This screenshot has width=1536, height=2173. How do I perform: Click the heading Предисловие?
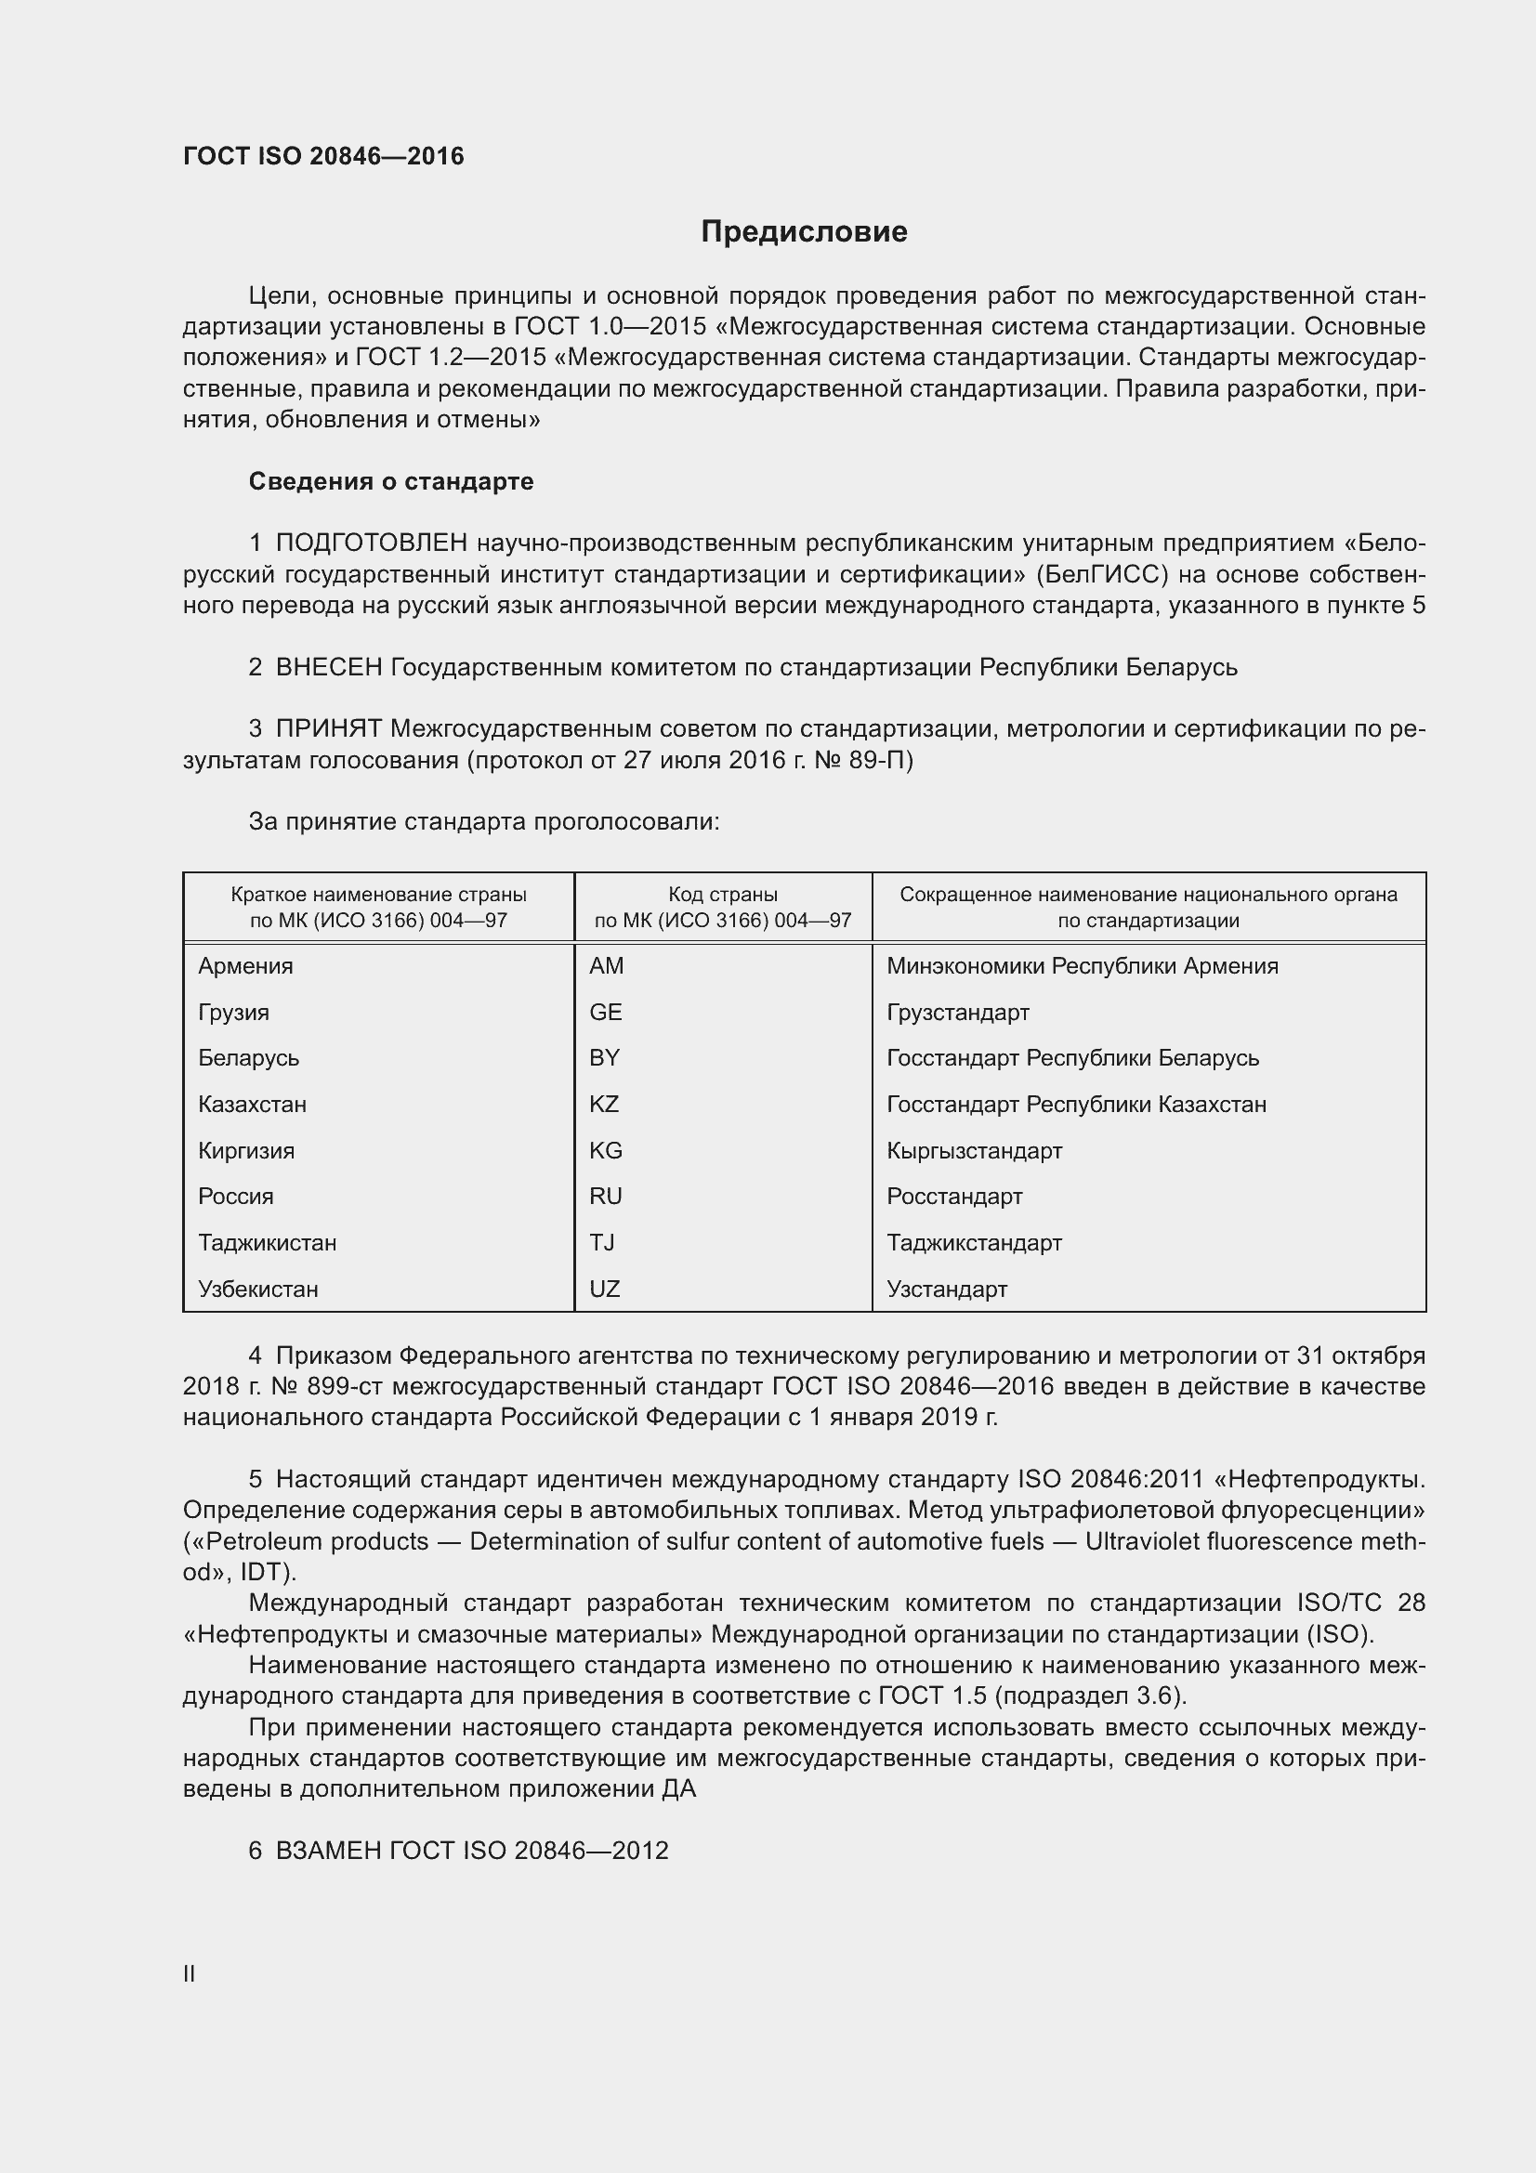coord(804,232)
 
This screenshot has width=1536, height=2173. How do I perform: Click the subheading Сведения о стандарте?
coord(391,482)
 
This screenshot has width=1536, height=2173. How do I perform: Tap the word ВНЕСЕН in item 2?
coord(328,667)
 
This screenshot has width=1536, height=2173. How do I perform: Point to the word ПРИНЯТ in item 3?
coord(328,728)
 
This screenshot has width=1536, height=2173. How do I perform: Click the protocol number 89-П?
coord(880,760)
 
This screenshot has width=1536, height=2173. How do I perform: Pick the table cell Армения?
coord(246,966)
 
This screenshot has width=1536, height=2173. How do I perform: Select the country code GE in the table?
coord(606,1013)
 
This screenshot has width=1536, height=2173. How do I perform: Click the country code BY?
coord(604,1058)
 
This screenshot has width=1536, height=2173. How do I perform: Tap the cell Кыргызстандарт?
coord(974,1151)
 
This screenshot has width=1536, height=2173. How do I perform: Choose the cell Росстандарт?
coord(954,1197)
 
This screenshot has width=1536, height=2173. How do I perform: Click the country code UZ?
coord(604,1289)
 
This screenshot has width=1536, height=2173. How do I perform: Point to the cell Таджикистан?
coord(267,1243)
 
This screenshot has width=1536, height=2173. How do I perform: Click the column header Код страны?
coord(723,895)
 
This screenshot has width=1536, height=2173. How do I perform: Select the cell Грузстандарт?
coord(958,1013)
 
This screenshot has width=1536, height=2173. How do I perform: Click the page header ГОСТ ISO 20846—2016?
coord(323,156)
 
